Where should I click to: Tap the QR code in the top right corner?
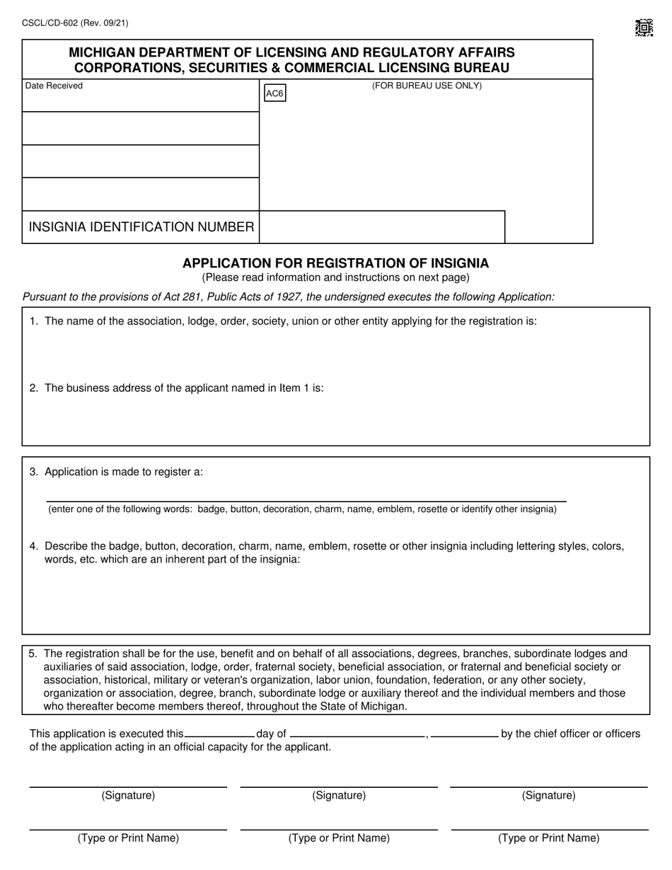tap(643, 28)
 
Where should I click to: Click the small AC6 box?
tap(274, 93)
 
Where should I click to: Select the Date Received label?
tap(54, 86)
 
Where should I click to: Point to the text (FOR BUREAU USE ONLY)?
tap(427, 86)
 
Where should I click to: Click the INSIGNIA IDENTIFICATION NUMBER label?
tap(141, 227)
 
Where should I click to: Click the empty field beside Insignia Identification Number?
tap(382, 227)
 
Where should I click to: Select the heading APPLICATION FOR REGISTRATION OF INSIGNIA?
tap(335, 263)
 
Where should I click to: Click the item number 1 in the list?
tap(33, 321)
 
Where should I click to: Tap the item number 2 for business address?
tap(33, 388)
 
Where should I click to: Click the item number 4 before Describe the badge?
tap(33, 546)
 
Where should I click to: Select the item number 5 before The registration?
tap(33, 654)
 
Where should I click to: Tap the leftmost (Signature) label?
tap(128, 795)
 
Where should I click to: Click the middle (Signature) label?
tap(339, 795)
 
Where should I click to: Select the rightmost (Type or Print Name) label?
tap(549, 838)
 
